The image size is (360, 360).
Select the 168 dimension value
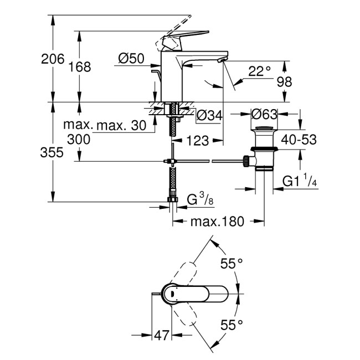[x=80, y=67]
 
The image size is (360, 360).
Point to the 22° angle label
[x=259, y=70]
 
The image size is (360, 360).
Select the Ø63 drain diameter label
[x=264, y=115]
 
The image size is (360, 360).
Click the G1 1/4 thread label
[x=300, y=181]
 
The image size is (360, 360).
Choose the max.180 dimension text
[x=217, y=222]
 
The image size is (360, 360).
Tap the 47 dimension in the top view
[x=162, y=336]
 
